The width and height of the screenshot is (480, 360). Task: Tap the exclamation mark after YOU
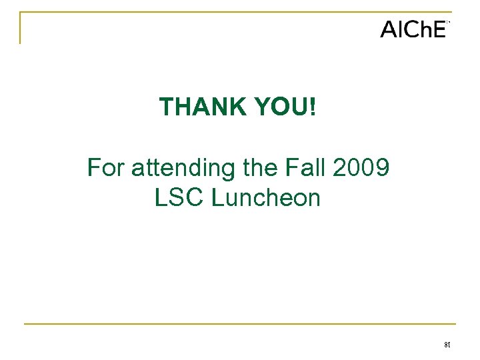tap(313, 107)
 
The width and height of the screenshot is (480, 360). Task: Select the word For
tap(106, 168)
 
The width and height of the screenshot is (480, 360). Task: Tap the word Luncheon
tap(266, 198)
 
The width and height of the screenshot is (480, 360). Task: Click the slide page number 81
tap(447, 345)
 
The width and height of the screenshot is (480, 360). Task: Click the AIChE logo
tap(413, 29)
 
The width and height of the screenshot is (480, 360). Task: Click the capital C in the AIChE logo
tap(411, 30)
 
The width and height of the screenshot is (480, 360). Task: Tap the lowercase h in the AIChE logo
tap(424, 30)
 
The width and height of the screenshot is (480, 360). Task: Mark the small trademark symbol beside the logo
tap(449, 23)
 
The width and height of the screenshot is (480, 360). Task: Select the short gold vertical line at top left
tap(20, 28)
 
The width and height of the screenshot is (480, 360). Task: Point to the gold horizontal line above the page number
tap(240, 324)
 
